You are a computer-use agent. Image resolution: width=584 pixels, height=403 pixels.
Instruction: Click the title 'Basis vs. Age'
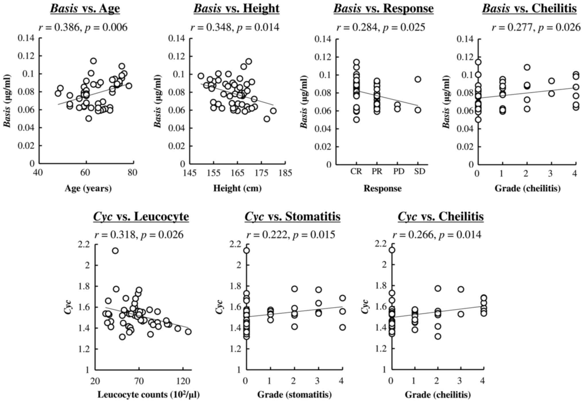coord(85,9)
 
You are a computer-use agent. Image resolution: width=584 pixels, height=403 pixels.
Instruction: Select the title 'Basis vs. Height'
coord(236,9)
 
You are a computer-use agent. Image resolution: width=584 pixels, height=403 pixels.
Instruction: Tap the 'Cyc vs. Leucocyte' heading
coord(141,216)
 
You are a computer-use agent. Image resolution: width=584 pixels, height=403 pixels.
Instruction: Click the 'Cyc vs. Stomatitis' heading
coord(292,216)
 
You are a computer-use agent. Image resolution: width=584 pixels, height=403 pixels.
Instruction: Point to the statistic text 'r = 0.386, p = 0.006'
coord(83,28)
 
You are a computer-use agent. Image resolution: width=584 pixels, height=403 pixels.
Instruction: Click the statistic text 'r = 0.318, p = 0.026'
coord(139,235)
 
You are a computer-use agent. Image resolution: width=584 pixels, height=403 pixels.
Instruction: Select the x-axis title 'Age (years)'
coord(88,189)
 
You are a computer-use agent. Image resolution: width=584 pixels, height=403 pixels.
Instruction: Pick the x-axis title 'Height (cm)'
coord(238,189)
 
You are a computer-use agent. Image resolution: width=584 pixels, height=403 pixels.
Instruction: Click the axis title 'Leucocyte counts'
coord(148,395)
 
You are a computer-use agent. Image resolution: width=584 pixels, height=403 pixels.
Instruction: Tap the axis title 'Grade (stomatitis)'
coord(294,395)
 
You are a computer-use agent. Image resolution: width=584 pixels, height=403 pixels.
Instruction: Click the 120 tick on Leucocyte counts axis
coord(183,381)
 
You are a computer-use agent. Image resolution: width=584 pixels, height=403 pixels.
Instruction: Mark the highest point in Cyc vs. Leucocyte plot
coord(115,251)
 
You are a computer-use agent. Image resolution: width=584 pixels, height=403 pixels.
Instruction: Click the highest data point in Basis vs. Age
coord(93,61)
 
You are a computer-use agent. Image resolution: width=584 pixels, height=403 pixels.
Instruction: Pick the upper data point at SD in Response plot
coord(418,79)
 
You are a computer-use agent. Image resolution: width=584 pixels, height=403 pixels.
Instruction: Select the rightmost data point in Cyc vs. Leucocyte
coord(188,332)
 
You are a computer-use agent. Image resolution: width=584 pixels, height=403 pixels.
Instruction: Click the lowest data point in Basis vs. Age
coord(89,118)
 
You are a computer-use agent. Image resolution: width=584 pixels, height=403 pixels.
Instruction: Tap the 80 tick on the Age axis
coord(133,173)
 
